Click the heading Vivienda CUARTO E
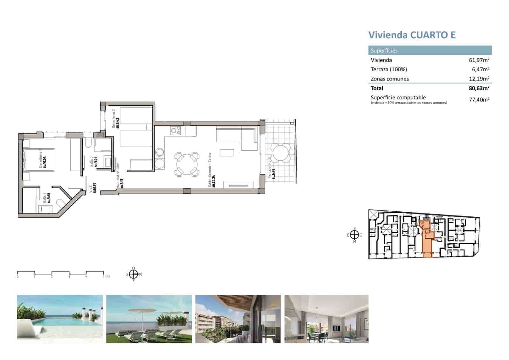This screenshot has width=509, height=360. pos(412,35)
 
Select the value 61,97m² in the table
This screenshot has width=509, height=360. pos(479,60)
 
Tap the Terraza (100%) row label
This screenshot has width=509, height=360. pos(388,69)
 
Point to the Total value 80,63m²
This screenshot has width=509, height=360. pos(479,88)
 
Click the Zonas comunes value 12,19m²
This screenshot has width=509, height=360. pos(479,79)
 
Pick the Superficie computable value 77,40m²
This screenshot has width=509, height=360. pos(479,100)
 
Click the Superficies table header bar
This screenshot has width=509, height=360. pos(430,51)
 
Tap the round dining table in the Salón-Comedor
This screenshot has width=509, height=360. pos(187,164)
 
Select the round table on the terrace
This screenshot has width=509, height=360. pos(280,152)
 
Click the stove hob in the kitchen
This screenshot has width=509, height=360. pos(175,130)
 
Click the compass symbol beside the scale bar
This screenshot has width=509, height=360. pos(134,274)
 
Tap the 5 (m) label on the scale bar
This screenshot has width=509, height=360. pos(106,276)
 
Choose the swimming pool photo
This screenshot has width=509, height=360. pos(60,319)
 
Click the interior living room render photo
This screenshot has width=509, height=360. pos(326,319)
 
